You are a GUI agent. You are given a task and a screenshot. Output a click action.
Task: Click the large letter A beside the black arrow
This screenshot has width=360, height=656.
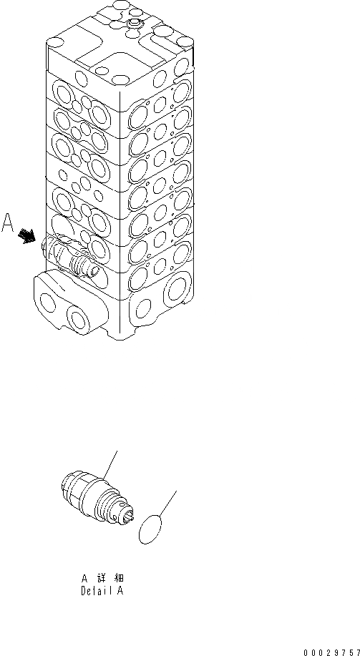coord(9,224)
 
